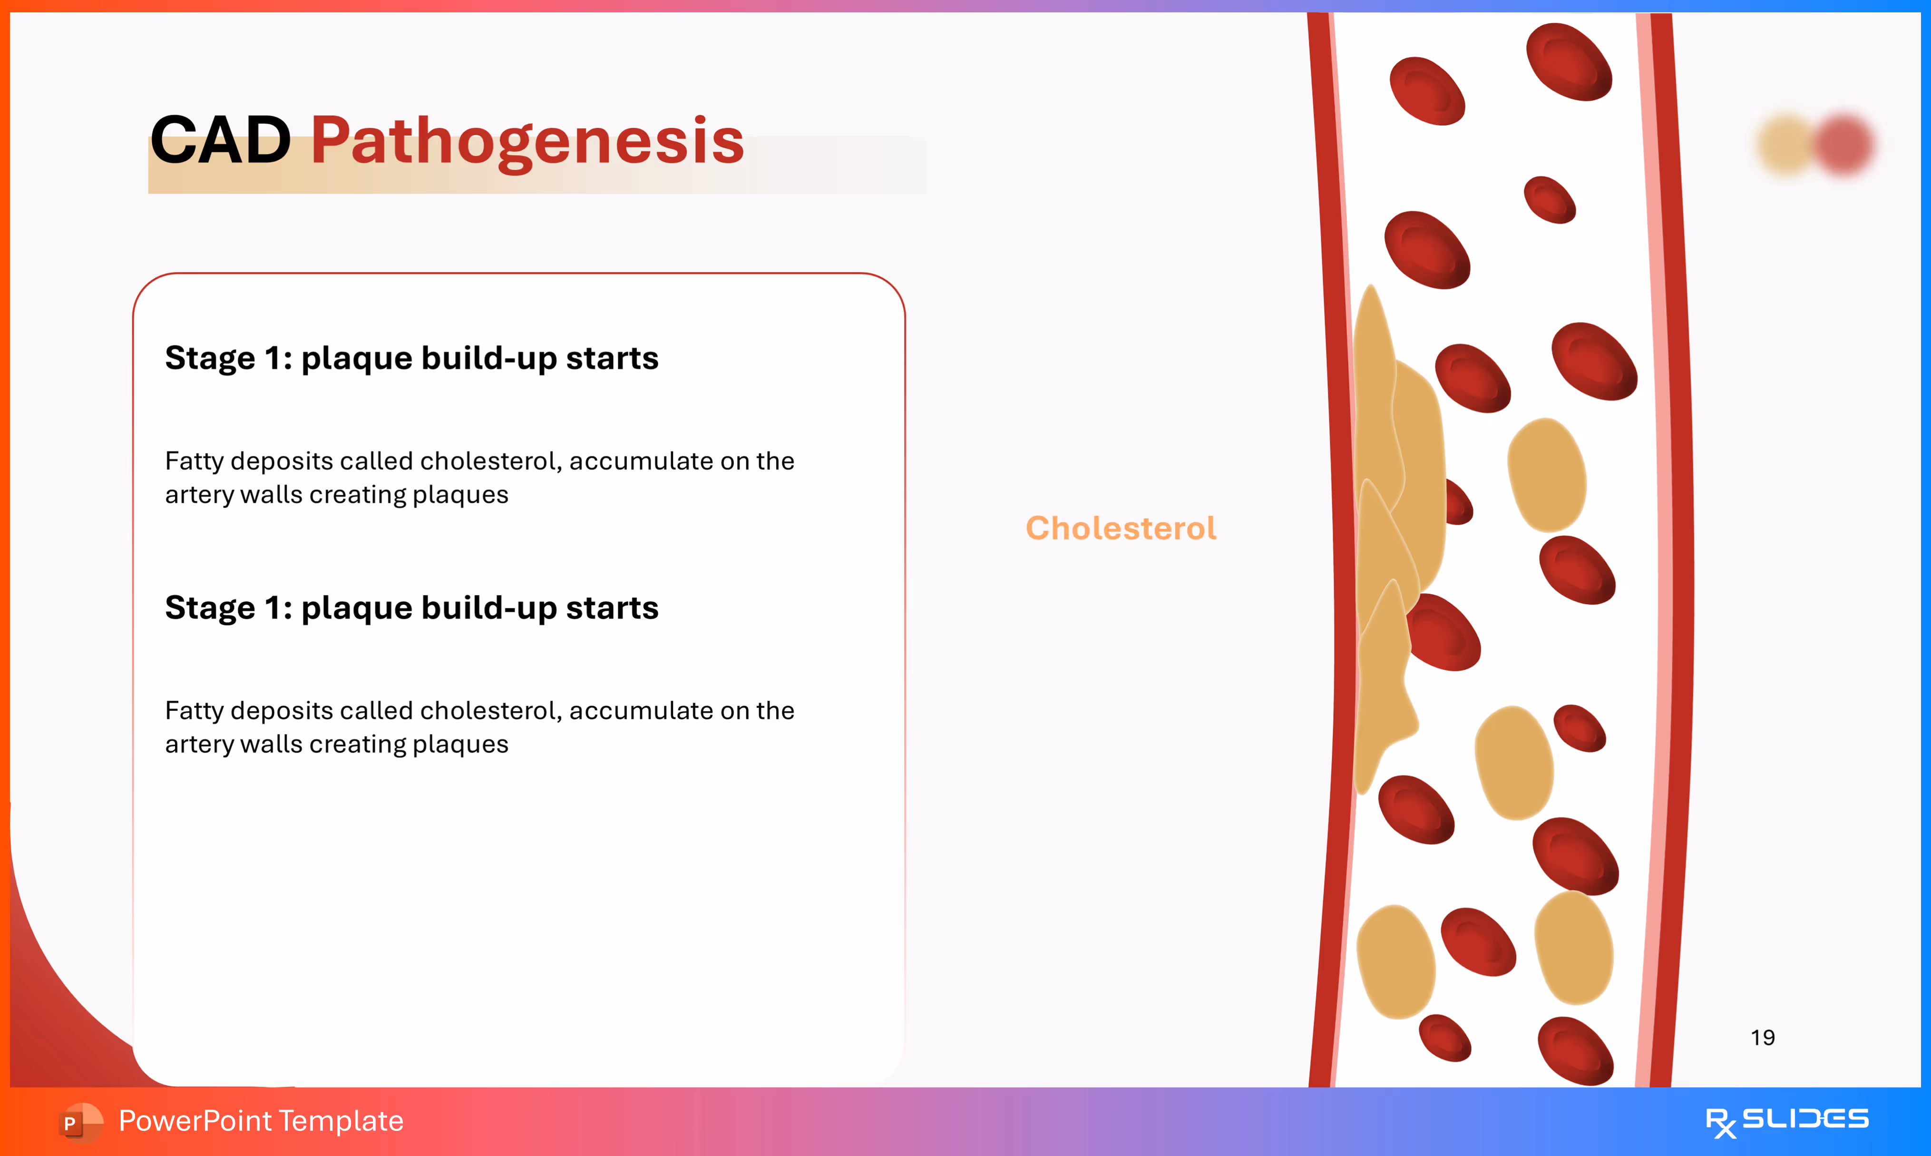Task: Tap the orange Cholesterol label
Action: [1121, 528]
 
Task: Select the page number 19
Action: [1763, 1038]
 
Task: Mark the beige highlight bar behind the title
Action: [536, 165]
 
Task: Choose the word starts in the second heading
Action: [612, 607]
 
